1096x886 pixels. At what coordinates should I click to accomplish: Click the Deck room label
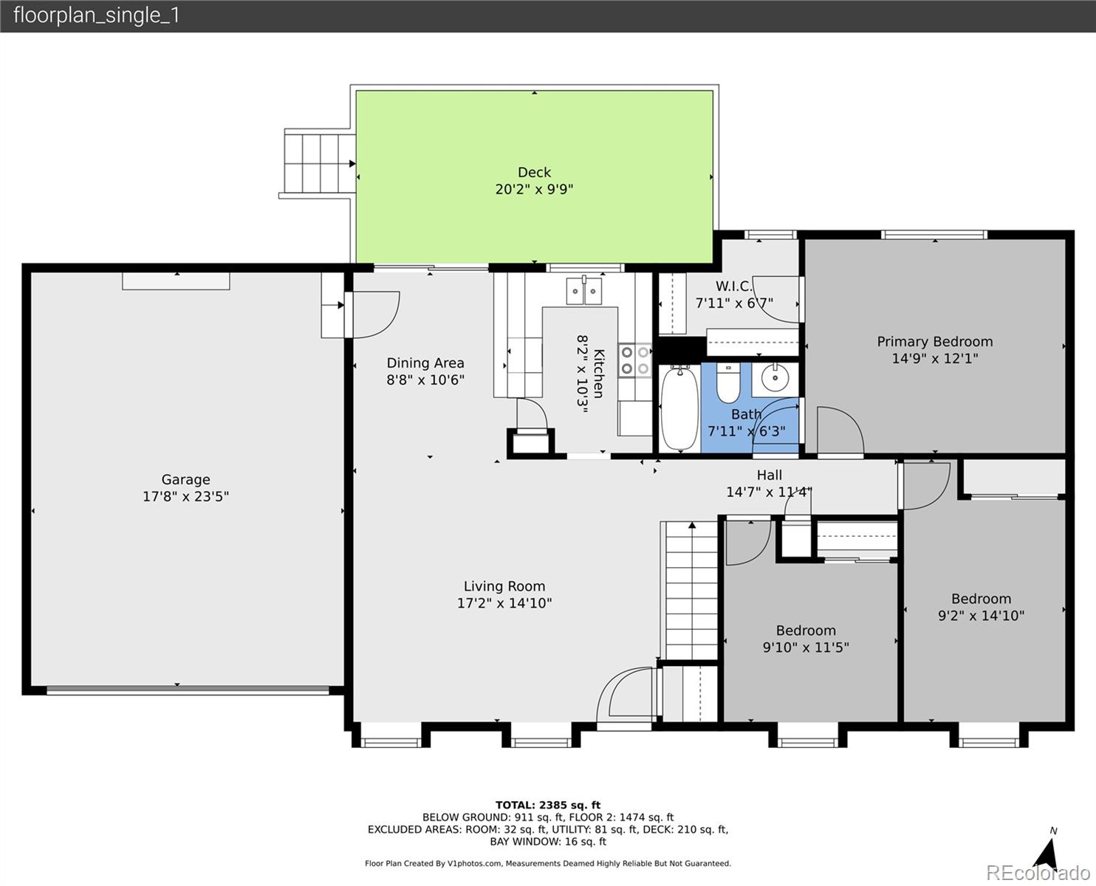[534, 172]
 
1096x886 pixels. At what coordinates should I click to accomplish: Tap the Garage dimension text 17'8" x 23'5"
[186, 496]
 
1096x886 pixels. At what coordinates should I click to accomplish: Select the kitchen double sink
[584, 291]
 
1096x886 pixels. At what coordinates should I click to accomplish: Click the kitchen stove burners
[635, 360]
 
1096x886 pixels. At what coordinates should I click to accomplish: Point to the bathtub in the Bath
[679, 408]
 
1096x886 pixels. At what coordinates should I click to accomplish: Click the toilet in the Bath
[728, 383]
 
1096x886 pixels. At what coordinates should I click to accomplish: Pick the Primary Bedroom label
[935, 341]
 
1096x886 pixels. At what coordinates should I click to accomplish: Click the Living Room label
[504, 586]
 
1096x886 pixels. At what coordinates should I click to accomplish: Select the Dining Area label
[425, 363]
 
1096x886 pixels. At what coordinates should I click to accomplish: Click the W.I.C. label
[734, 286]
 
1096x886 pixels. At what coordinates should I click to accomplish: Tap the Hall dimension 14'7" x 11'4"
[769, 492]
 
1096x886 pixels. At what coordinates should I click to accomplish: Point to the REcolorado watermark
[1038, 873]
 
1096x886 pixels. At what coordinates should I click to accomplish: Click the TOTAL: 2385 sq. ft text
[548, 805]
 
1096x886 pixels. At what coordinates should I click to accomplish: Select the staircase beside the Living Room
[690, 590]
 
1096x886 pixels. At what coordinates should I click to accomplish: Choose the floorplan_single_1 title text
[97, 16]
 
